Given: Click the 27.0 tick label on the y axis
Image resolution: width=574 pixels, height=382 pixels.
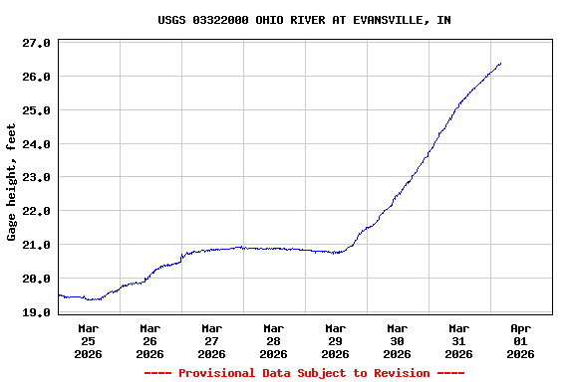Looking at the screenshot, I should [x=36, y=44].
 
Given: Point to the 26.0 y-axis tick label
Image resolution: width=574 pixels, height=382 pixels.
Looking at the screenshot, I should [x=36, y=77].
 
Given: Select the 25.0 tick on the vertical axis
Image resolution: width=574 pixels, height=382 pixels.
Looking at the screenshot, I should [x=36, y=110].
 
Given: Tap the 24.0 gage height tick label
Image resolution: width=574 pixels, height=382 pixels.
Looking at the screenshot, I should [x=36, y=144].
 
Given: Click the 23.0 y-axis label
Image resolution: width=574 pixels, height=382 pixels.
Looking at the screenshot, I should [x=36, y=177].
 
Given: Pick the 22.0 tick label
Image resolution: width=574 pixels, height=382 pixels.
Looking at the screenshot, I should [x=36, y=211].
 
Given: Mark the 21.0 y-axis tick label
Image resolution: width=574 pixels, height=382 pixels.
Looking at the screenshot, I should [x=36, y=245].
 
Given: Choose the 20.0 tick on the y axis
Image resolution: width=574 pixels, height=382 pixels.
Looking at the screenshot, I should [x=36, y=279].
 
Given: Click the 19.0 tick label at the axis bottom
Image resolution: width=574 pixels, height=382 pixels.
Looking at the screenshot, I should [x=36, y=312].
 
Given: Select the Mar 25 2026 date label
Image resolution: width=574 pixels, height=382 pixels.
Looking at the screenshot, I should [x=89, y=340].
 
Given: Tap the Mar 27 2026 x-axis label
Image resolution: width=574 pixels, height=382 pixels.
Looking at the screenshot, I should [x=212, y=340].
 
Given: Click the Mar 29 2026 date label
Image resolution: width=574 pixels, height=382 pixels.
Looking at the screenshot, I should [x=336, y=340].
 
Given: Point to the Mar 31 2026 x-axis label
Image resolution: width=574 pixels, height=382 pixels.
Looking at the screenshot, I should [x=458, y=340].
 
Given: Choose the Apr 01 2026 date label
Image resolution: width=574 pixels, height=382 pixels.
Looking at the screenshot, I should [x=520, y=340].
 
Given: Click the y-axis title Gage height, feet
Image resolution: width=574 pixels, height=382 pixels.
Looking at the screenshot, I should [x=12, y=182].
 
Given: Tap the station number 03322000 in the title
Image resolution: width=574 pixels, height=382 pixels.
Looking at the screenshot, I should [x=221, y=20].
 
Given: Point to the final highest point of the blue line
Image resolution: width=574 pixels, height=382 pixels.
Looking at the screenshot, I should [x=500, y=64].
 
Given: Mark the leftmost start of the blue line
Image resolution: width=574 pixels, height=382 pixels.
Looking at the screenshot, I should [x=59, y=294].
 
